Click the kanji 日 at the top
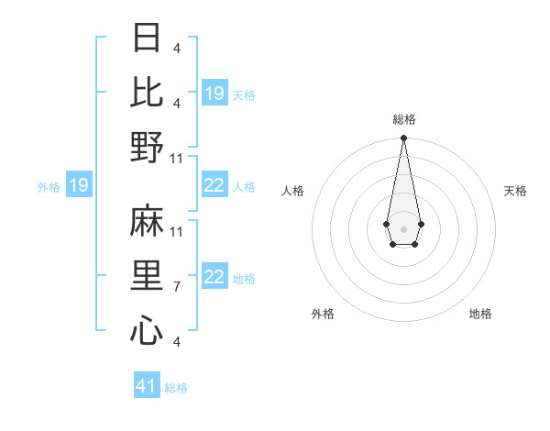tap(148, 38)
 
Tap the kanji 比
tap(148, 92)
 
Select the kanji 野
tap(148, 147)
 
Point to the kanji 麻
tap(148, 220)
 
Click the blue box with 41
tap(147, 386)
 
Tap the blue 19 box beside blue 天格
tap(214, 94)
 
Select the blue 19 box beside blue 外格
tap(78, 186)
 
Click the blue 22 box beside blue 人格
tap(214, 186)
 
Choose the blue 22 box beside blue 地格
tap(214, 278)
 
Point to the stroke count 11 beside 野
tap(177, 159)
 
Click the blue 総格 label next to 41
tap(176, 388)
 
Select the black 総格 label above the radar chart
tap(403, 119)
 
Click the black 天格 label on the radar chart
tap(515, 191)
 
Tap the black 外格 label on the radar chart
tap(323, 314)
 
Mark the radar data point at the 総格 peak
tap(403, 138)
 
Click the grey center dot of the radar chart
tap(403, 227)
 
